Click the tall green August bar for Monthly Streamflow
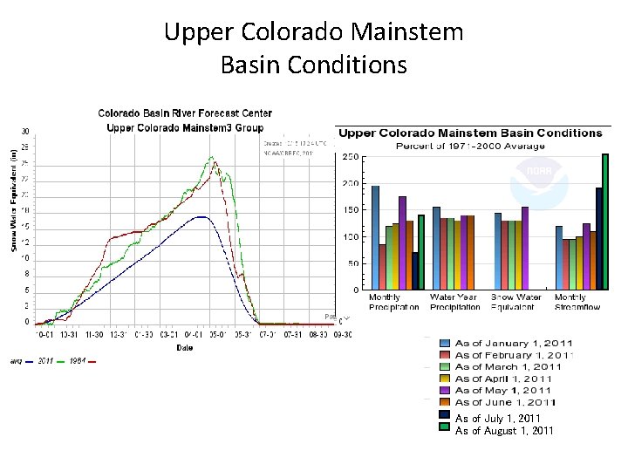[x=605, y=222]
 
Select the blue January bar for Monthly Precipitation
[x=375, y=237]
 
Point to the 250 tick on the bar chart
[x=348, y=157]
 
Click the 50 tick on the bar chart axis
[x=352, y=263]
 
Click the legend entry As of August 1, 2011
[x=504, y=431]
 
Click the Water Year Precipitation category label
[x=454, y=302]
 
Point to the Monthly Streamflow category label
[x=577, y=302]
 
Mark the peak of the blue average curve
[x=201, y=216]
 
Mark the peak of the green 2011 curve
[x=210, y=157]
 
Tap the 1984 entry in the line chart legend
[x=78, y=360]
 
